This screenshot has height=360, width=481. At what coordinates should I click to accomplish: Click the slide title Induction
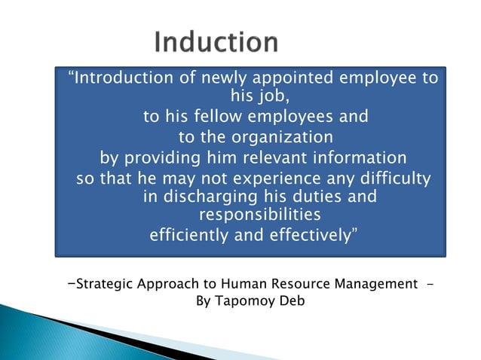[x=216, y=43]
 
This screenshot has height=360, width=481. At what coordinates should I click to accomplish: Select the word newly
[x=218, y=79]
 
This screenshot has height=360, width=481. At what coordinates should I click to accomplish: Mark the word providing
[x=163, y=158]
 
